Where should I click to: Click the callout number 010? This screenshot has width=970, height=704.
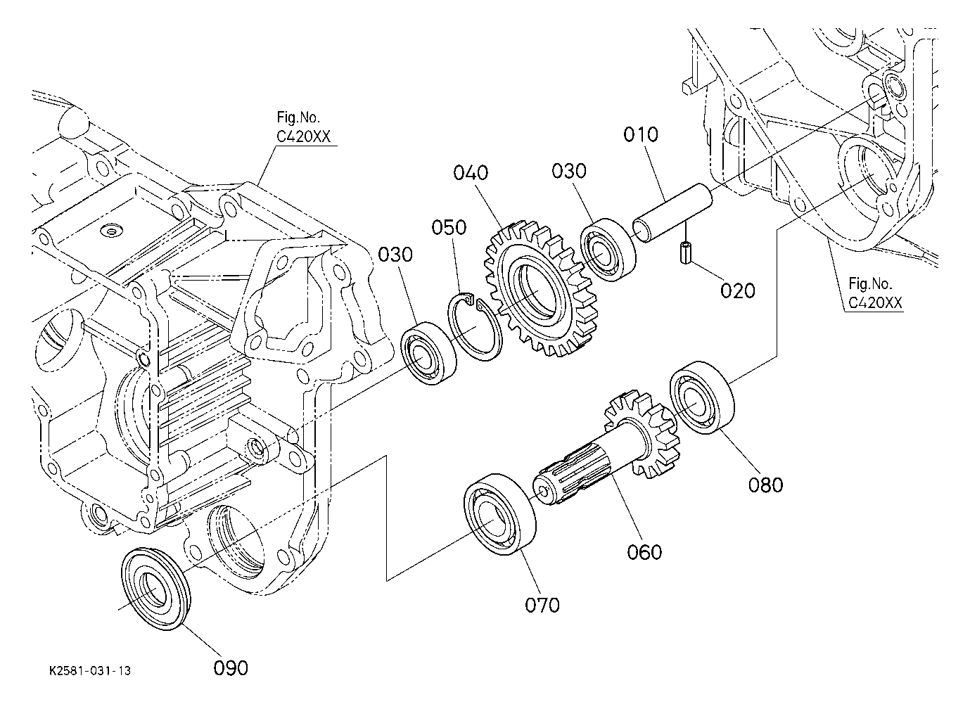tap(641, 134)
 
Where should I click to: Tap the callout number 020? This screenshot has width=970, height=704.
tap(737, 290)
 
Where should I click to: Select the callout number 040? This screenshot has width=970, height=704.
tap(471, 173)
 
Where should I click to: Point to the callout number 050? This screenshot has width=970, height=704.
tap(449, 227)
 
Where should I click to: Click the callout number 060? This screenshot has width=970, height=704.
tap(644, 552)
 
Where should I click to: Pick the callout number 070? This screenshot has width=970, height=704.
tap(542, 605)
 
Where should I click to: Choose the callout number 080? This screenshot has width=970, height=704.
tap(765, 485)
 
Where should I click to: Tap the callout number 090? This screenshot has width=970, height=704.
tap(231, 668)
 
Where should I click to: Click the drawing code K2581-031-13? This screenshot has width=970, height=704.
tap(89, 671)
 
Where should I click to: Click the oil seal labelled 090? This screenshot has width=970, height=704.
tap(155, 589)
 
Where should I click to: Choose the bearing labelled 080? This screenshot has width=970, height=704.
tap(703, 397)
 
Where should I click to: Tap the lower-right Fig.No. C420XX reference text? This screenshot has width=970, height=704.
tap(875, 293)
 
